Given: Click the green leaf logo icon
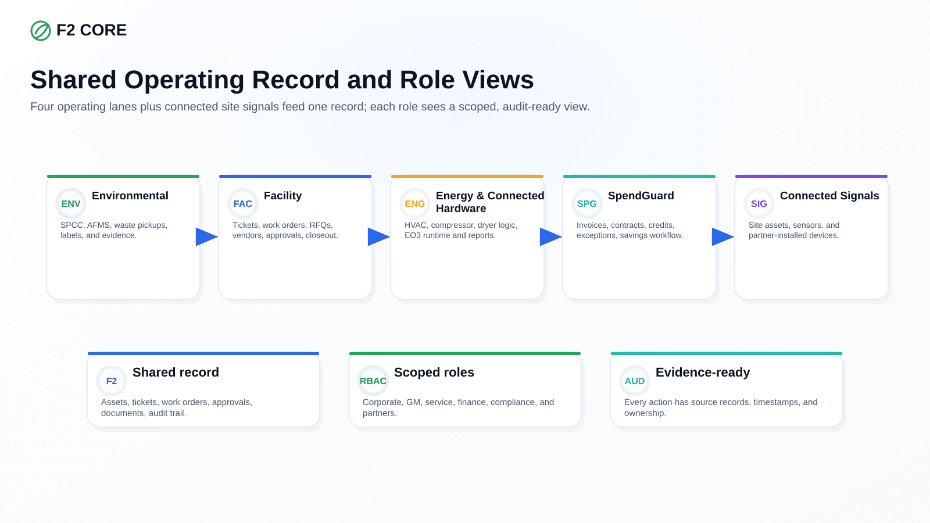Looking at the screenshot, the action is pyautogui.click(x=41, y=31).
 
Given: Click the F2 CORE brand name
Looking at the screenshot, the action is pyautogui.click(x=91, y=30).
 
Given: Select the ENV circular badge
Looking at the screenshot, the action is pyautogui.click(x=70, y=203).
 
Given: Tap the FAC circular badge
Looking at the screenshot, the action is pyautogui.click(x=243, y=203).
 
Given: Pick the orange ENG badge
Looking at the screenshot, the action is pyautogui.click(x=415, y=203).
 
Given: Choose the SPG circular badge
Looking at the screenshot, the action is pyautogui.click(x=586, y=203).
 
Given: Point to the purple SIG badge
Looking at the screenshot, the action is pyautogui.click(x=759, y=203).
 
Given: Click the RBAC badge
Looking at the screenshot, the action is pyautogui.click(x=373, y=381).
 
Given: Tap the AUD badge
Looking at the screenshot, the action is pyautogui.click(x=634, y=381).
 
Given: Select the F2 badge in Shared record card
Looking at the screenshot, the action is pyautogui.click(x=111, y=381).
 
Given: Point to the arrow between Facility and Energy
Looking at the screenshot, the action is pyautogui.click(x=378, y=237).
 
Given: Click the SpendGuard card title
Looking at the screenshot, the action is pyautogui.click(x=641, y=195).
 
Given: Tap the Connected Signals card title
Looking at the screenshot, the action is pyautogui.click(x=829, y=195).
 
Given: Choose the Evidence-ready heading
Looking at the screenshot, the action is pyautogui.click(x=703, y=372).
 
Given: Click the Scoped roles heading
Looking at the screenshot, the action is pyautogui.click(x=434, y=372).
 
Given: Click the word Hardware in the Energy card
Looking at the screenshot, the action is pyautogui.click(x=461, y=209).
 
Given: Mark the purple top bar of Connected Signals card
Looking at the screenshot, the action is pyautogui.click(x=811, y=177).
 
